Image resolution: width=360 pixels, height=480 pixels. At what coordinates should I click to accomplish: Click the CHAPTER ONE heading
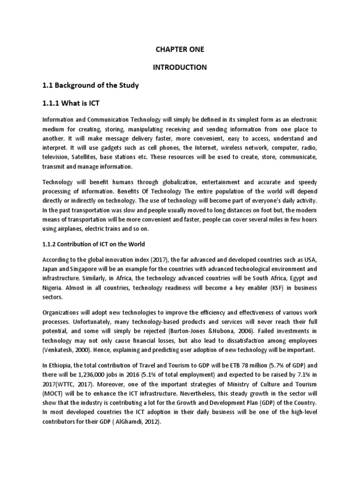pyautogui.click(x=180, y=49)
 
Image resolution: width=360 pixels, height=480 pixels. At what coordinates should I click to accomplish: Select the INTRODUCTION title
pyautogui.click(x=180, y=67)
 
